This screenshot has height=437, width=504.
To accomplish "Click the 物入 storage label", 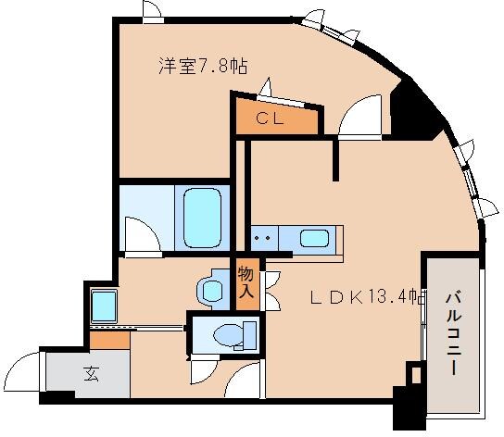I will pos(246,281).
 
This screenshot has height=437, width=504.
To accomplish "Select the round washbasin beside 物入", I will pos(212,290).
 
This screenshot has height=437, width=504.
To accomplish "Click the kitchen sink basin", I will pos(315,239).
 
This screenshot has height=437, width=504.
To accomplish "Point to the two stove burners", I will pos(263,238).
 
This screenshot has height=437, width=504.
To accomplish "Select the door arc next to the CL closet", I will pos(356,118).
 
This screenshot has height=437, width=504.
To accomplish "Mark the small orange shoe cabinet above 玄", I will pos(109,340).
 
